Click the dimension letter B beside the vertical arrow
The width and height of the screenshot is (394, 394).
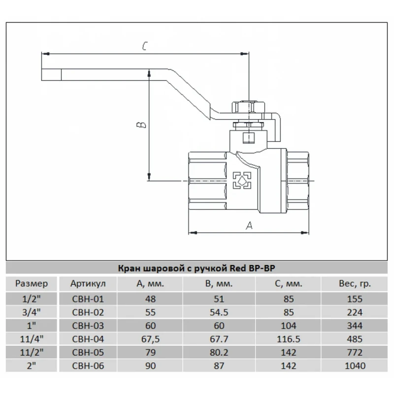coord(140,125)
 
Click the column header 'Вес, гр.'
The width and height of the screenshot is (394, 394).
coord(354,284)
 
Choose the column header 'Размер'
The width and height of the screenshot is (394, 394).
coord(32,284)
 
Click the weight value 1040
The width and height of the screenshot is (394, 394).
coord(354,366)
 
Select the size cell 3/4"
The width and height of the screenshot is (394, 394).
coord(32,312)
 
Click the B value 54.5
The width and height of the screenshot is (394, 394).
coord(219,312)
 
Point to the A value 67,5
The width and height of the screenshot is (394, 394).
coord(151,339)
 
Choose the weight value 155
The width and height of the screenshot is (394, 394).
coord(354,299)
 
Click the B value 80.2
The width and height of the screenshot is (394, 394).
coord(219,353)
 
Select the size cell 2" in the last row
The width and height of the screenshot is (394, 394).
coord(32,366)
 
